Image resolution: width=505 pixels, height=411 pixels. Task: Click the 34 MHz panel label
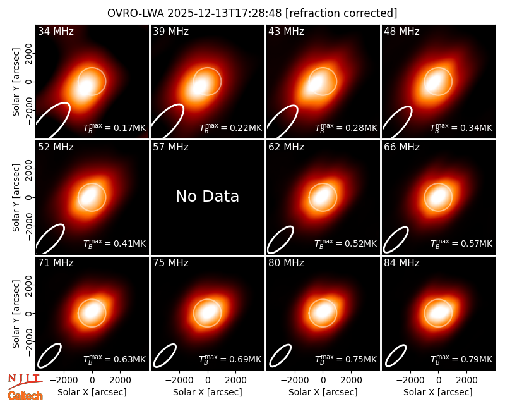pyautogui.click(x=56, y=31)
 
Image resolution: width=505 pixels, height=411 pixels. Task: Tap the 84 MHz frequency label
pyautogui.click(x=401, y=263)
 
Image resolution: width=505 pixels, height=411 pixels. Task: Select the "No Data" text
pyautogui.click(x=208, y=196)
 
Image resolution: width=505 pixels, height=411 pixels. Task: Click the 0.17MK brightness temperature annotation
pyautogui.click(x=115, y=128)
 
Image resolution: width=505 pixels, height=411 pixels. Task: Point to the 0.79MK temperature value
pyautogui.click(x=461, y=359)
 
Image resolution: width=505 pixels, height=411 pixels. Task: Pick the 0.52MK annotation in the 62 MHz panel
pyautogui.click(x=346, y=243)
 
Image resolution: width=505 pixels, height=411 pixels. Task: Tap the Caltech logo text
pyautogui.click(x=25, y=396)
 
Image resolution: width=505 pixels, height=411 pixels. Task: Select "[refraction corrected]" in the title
pyautogui.click(x=342, y=13)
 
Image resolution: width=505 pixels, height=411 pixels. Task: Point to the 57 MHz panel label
pyautogui.click(x=170, y=147)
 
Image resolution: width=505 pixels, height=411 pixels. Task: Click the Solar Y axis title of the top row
pyautogui.click(x=16, y=82)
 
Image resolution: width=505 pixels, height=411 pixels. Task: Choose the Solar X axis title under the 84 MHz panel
pyautogui.click(x=438, y=392)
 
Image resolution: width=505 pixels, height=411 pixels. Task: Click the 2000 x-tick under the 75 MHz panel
pyautogui.click(x=235, y=381)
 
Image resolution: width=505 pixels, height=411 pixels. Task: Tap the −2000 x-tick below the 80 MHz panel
pyautogui.click(x=292, y=381)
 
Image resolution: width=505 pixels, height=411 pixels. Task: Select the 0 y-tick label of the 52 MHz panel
pyautogui.click(x=29, y=197)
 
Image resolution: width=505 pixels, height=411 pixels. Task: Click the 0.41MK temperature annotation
pyautogui.click(x=115, y=243)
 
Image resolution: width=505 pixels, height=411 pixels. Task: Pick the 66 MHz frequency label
pyautogui.click(x=401, y=147)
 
